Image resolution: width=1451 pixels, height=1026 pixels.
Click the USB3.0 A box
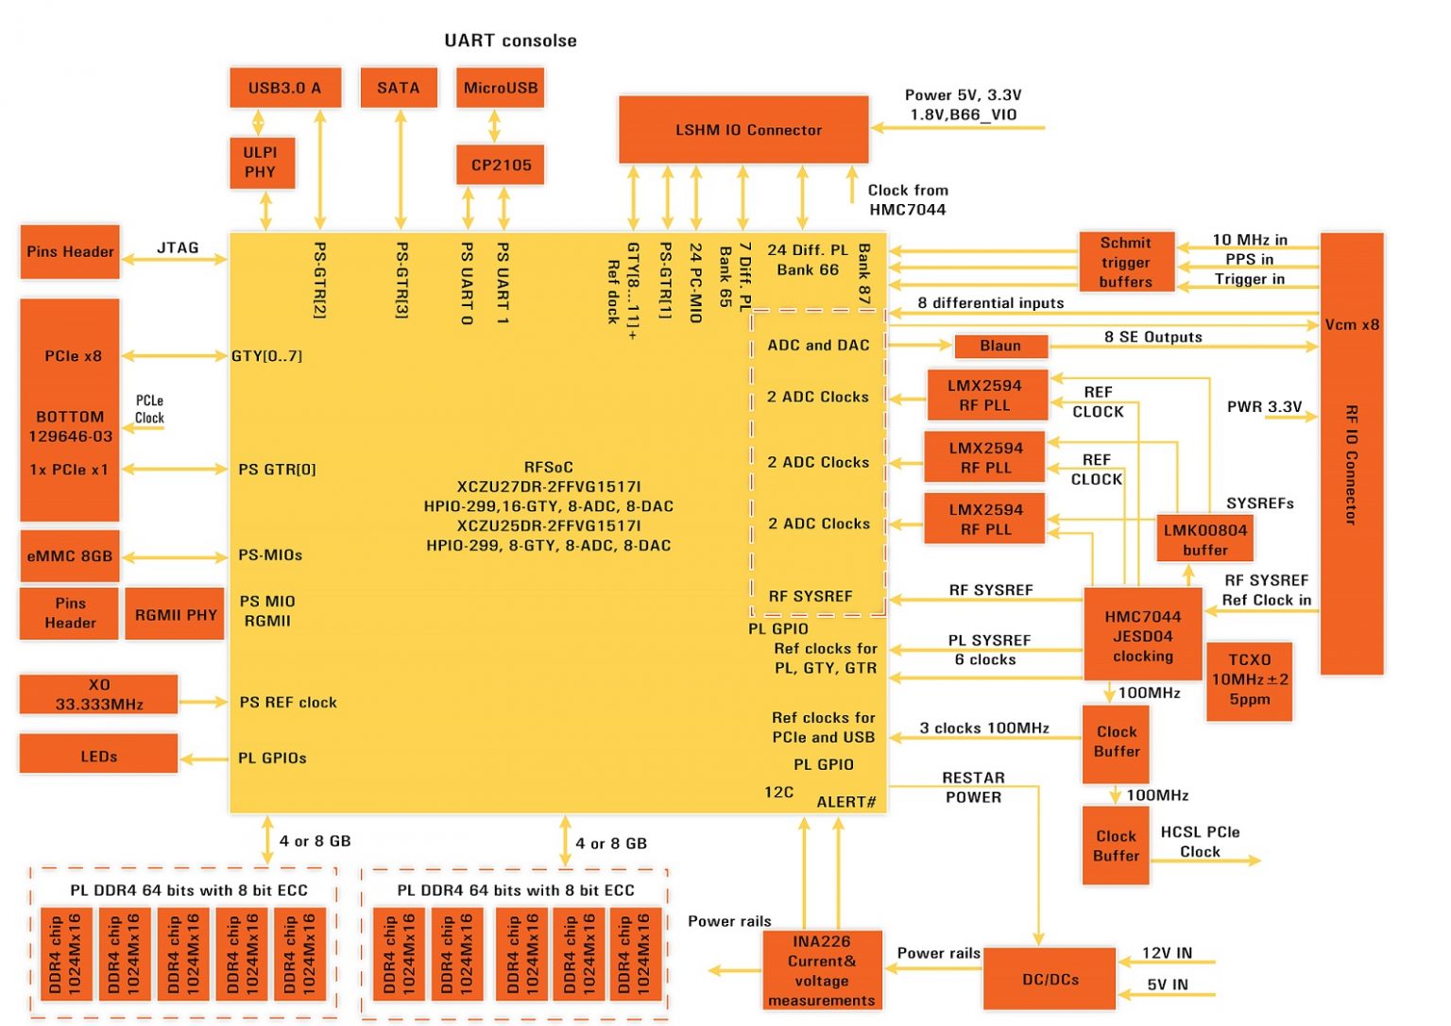[x=284, y=88]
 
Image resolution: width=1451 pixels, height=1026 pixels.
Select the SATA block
[x=398, y=88]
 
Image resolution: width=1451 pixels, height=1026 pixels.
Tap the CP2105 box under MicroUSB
[x=501, y=165]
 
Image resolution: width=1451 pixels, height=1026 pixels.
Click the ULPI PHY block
[x=261, y=162]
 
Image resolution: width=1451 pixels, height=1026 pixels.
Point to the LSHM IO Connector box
[x=743, y=129]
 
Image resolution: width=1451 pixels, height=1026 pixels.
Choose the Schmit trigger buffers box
[x=1126, y=262]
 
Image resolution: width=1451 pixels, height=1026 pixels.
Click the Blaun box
[x=1000, y=346]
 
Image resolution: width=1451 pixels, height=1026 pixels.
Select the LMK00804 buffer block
[x=1204, y=539]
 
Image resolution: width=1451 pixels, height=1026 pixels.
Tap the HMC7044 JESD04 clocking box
[x=1142, y=635]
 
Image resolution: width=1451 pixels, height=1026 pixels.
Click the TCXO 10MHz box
[x=1249, y=680]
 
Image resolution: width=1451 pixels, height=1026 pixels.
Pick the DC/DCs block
[x=1050, y=980]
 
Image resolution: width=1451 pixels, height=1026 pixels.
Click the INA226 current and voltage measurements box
[x=821, y=970]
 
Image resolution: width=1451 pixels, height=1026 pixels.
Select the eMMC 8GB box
[x=70, y=556]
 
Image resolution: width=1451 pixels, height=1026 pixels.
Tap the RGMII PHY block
[x=176, y=615]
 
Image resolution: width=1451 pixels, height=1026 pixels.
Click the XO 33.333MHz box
[x=98, y=694]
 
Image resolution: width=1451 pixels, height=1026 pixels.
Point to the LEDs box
[x=98, y=756]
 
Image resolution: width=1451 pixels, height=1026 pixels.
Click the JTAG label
[x=178, y=248]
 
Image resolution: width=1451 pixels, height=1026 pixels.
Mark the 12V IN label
[x=1167, y=952]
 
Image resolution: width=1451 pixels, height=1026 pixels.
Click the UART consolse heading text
[x=510, y=41]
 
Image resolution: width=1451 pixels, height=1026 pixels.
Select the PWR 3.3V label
[x=1264, y=406]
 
